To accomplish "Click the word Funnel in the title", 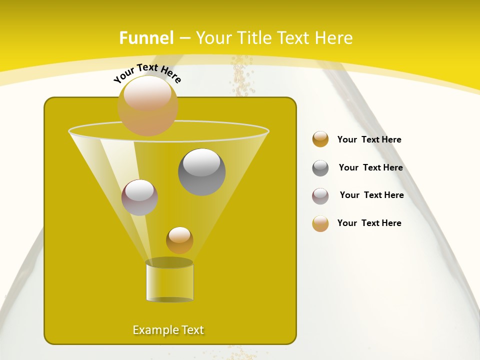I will pos(146,38).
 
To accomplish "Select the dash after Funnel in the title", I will pos(184,38).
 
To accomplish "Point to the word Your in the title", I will pos(212,38).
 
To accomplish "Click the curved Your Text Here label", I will pos(147,73).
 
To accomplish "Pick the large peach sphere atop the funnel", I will pos(147,105).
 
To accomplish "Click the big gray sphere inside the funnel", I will pos(201,171).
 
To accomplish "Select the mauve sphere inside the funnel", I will pos(139,197).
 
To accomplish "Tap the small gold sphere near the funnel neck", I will pos(179,240).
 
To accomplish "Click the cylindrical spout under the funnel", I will pos(169,281).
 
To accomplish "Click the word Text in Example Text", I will pos(191,330).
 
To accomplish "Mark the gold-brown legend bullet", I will pos(320,139).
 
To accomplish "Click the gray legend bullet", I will pos(320,168).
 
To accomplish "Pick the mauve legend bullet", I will pos(320,196).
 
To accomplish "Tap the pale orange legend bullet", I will pos(320,223).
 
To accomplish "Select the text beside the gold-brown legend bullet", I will pos(369,139).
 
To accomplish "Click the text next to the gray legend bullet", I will pos(370,167).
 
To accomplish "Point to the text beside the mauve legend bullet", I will pos(371,195).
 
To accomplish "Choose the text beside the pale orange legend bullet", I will pos(369,223).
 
